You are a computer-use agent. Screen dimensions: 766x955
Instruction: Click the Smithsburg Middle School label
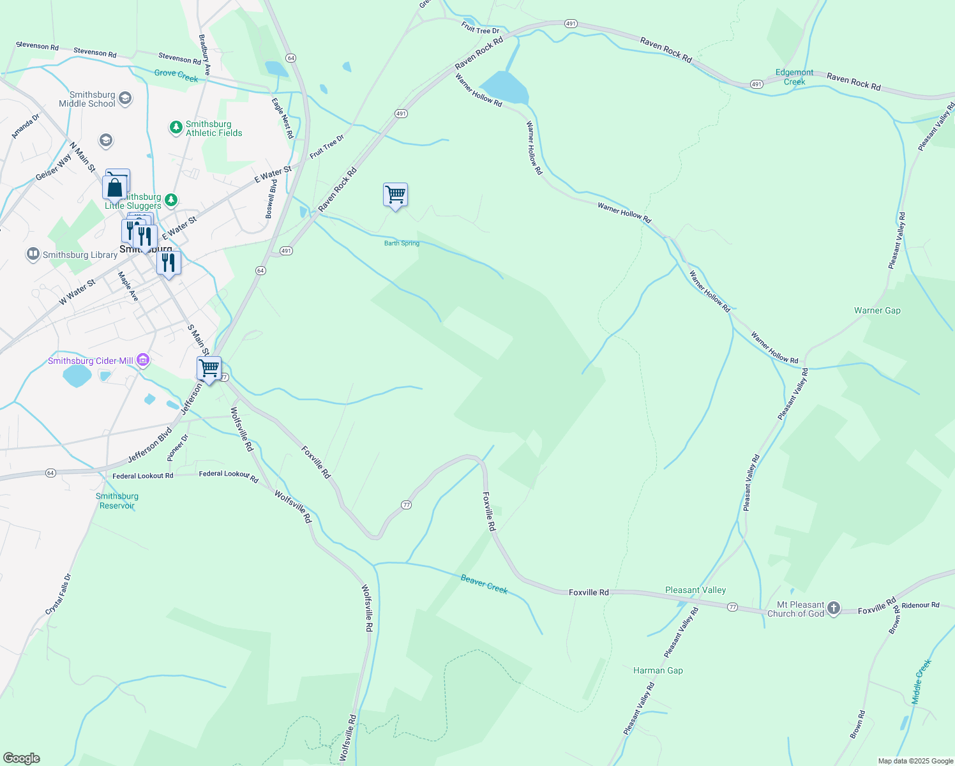tap(87, 99)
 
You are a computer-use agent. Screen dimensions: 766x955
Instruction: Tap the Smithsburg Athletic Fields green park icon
tap(176, 128)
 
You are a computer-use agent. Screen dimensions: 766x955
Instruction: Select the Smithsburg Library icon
tap(33, 255)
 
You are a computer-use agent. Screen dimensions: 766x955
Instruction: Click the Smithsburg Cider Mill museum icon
tap(143, 361)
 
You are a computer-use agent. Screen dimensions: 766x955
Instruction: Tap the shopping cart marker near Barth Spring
tap(395, 194)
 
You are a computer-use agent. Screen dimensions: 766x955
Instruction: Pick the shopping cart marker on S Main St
tap(209, 368)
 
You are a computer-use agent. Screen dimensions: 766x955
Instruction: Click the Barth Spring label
tap(402, 243)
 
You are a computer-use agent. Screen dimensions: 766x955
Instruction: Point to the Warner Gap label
tap(877, 311)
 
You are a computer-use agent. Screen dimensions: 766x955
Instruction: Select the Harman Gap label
tap(658, 671)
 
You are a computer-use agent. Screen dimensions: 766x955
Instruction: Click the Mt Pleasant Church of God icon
tap(834, 609)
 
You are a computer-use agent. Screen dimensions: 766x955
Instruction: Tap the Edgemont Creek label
tap(794, 77)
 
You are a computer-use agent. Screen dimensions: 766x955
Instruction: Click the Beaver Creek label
tap(484, 584)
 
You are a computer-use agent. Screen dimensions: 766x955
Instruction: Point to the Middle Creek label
tap(922, 682)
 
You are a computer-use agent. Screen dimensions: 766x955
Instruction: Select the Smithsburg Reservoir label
tap(117, 501)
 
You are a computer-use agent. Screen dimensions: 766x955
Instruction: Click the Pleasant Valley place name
tap(695, 590)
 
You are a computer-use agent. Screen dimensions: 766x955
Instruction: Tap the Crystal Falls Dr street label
tap(59, 595)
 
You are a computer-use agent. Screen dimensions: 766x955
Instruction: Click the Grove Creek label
tap(176, 75)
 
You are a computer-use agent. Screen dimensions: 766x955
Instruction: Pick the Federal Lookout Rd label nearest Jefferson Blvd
tap(142, 476)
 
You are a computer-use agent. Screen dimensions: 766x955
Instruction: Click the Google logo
tap(21, 758)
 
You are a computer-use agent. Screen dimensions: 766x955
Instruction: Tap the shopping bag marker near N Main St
tap(114, 188)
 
